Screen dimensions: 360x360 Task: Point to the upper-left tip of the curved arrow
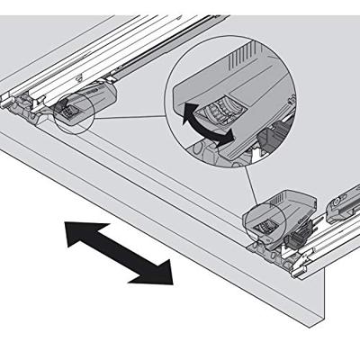[184, 109]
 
